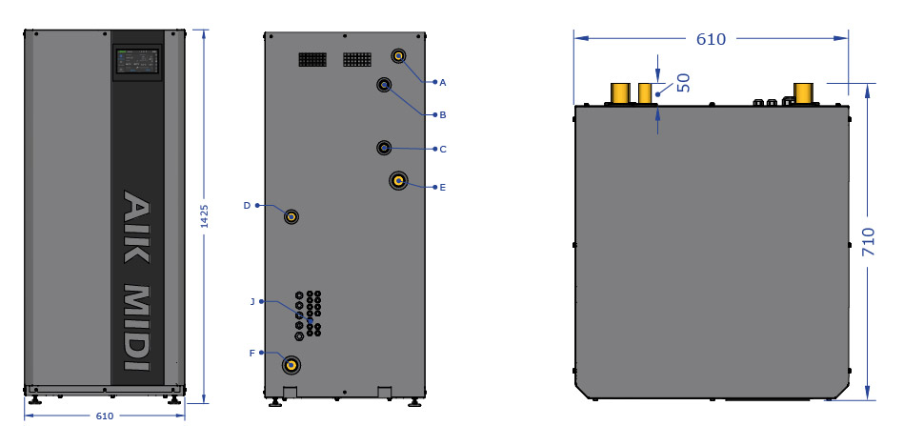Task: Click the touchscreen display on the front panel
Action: [138, 61]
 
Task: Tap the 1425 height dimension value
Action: [204, 216]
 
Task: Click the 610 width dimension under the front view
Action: [105, 416]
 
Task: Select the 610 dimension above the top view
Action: [711, 39]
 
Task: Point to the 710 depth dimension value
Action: [868, 242]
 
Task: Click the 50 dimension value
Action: [683, 83]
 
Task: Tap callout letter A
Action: [443, 82]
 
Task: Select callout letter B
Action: [443, 114]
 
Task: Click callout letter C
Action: [443, 149]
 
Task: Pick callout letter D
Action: [247, 205]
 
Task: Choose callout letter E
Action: [443, 187]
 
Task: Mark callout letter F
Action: [251, 353]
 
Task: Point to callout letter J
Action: [252, 301]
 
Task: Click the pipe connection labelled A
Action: [398, 56]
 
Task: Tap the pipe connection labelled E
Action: [398, 182]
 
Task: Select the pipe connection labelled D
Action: [291, 216]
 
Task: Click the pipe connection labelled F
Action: [291, 365]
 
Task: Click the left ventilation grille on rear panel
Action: [312, 59]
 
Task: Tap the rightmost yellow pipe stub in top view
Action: [803, 93]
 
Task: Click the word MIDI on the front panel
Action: [137, 327]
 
